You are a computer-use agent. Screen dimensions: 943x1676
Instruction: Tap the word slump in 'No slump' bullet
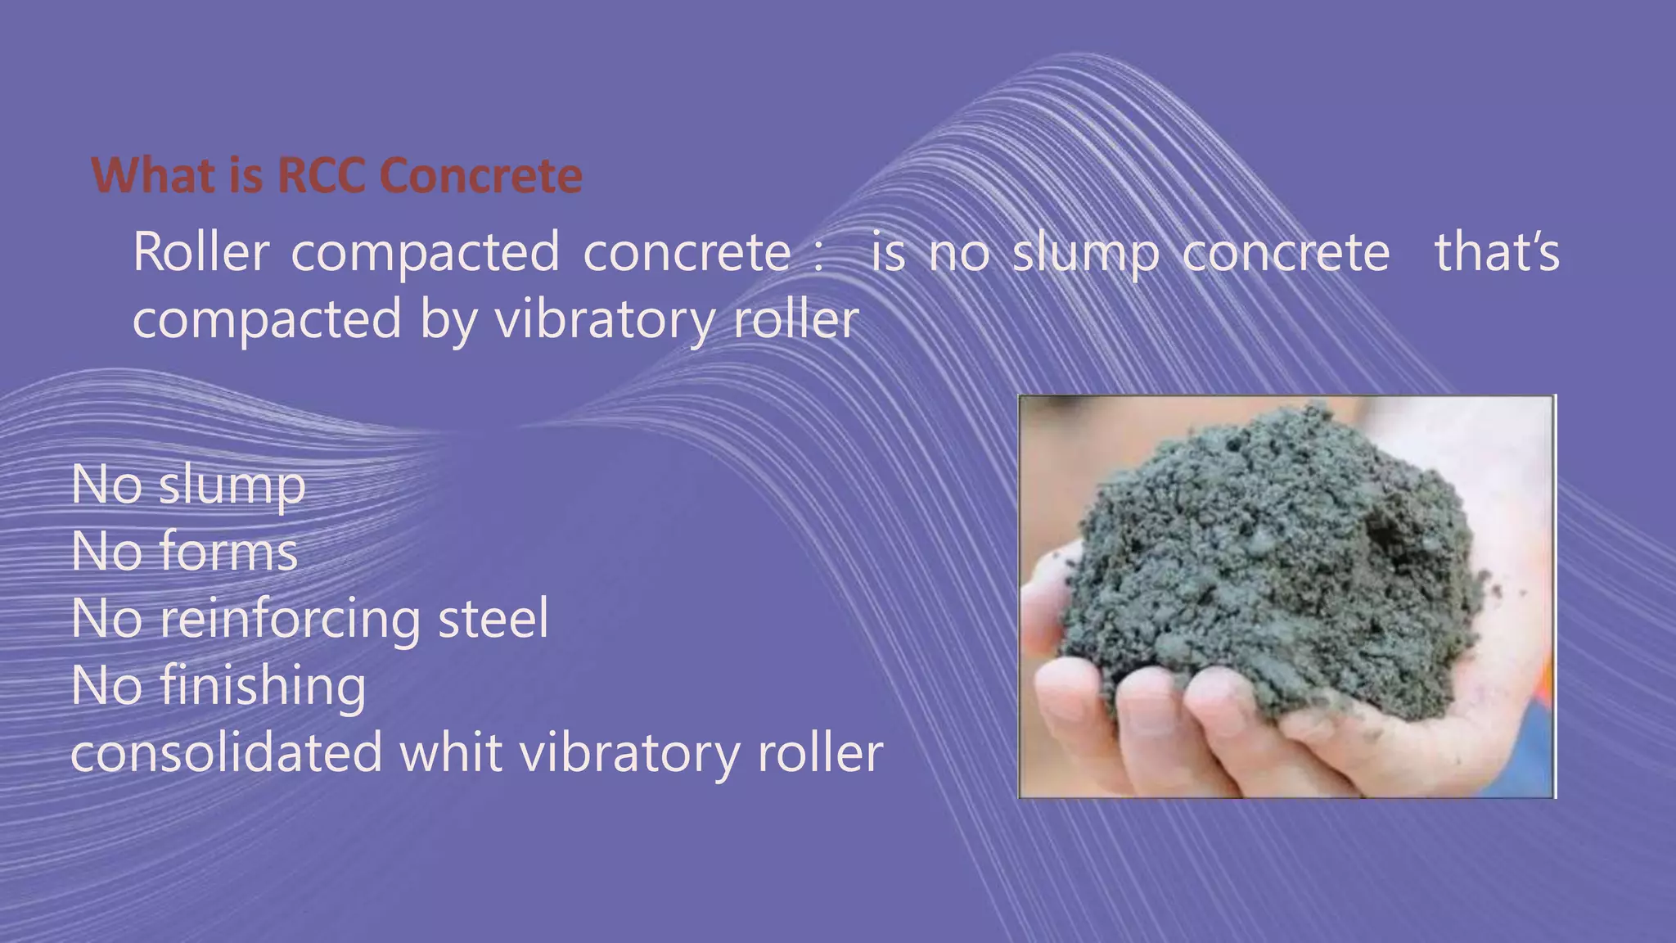coord(232,486)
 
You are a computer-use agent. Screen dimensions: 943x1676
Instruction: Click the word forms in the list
coord(228,552)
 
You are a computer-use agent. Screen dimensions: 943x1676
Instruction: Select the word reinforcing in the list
coord(290,620)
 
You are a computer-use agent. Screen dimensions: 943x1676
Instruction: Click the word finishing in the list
coord(263,686)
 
